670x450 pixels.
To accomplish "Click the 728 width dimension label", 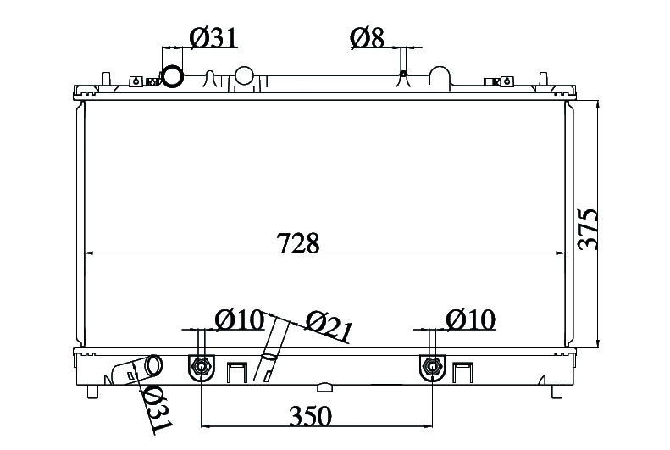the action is [298, 242].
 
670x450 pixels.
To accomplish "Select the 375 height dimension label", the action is [587, 229].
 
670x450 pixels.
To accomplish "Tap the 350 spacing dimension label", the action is [310, 416].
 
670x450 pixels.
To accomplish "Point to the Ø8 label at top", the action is [368, 37].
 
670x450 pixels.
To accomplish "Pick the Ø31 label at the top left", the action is [213, 37].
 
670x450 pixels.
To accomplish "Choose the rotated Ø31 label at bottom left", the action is [155, 408].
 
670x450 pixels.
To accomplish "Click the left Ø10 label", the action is [239, 319].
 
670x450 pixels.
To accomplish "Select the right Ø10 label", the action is [470, 319].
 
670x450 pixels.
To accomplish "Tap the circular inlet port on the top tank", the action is [173, 76].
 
